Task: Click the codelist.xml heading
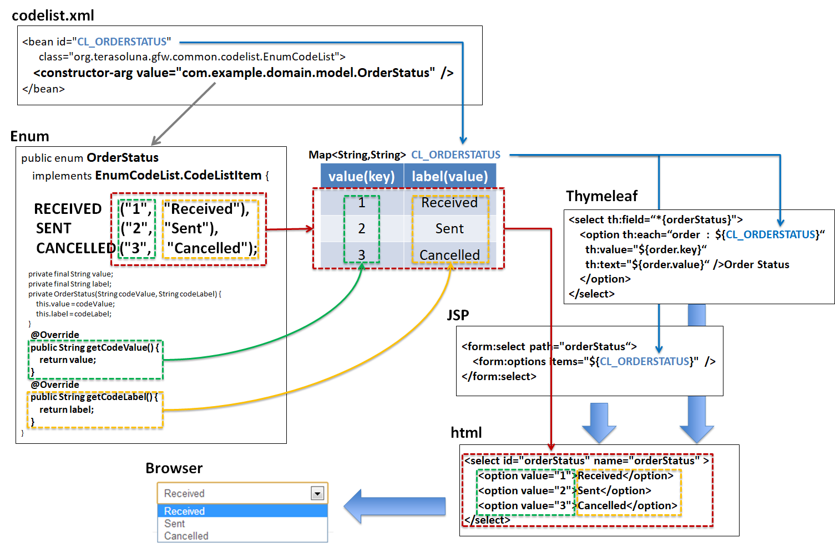coord(53,16)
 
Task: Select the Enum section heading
coord(29,136)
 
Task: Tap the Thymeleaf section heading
coord(601,196)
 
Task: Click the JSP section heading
coord(458,315)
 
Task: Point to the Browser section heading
coord(174,468)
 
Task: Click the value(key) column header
coord(362,176)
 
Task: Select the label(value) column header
coord(449,176)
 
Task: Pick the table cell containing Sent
coord(449,228)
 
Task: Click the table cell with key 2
coord(362,228)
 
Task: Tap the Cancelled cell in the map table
coord(449,255)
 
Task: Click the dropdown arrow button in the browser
coord(317,493)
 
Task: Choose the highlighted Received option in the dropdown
coord(242,511)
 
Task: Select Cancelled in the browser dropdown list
coord(186,536)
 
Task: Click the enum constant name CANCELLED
coord(75,248)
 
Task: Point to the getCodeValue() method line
coord(94,347)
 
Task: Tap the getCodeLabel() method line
coord(94,397)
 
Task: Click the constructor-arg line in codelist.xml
coord(243,73)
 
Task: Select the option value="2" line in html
coord(564,490)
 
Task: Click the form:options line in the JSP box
coord(594,361)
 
